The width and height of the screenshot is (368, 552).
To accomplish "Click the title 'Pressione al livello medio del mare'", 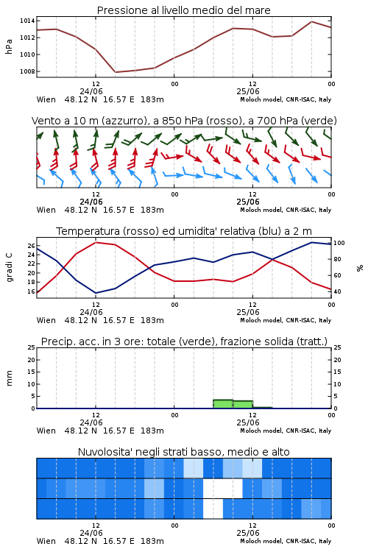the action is (183, 10).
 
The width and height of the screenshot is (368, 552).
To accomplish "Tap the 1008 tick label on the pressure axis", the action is (27, 71).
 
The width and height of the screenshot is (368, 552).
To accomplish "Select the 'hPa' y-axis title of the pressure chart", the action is (9, 46).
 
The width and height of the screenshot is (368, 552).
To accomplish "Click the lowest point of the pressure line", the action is (115, 72).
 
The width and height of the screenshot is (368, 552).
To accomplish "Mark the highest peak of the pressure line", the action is (311, 21).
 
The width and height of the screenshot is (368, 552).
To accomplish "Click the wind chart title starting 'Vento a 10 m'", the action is (184, 121).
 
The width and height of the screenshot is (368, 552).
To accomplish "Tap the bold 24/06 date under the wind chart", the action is (91, 202).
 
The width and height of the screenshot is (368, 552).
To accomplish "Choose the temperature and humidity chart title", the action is (184, 231).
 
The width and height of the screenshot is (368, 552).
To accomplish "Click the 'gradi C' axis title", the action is (9, 267).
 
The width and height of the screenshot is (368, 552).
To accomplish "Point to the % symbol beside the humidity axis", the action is (360, 268).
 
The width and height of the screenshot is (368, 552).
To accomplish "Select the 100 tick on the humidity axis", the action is (339, 243).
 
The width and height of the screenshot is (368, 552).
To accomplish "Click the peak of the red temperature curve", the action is (96, 242).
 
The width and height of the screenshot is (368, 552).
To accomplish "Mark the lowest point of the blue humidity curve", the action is (96, 293).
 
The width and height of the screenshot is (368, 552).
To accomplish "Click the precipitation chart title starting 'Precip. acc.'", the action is (184, 342).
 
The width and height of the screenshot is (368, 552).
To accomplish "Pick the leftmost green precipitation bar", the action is (223, 404).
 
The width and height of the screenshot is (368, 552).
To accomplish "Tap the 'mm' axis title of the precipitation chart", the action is (9, 378).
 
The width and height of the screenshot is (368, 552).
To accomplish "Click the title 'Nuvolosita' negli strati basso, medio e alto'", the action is (183, 452).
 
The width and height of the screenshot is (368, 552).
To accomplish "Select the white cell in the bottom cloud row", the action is (213, 509).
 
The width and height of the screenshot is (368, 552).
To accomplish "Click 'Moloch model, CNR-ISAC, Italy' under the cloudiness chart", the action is (286, 541).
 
